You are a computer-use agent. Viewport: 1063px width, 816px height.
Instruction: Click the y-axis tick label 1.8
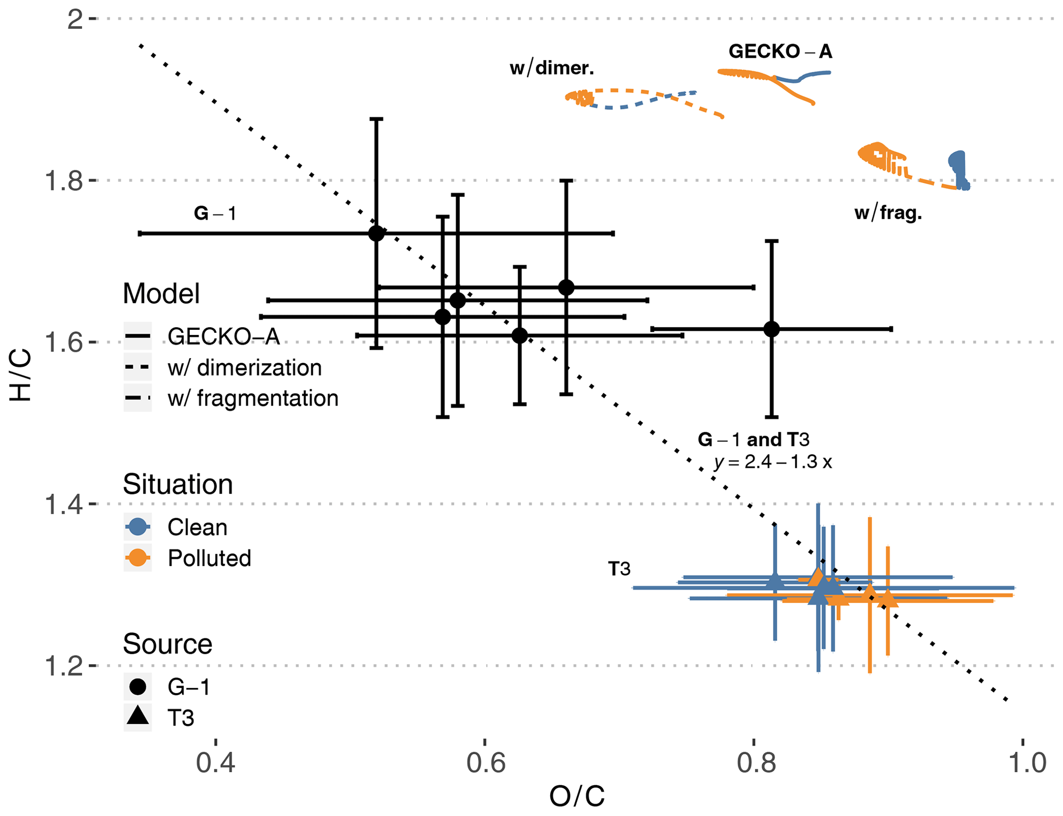click(x=64, y=181)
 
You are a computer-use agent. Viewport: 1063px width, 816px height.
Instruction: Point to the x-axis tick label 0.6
click(x=486, y=763)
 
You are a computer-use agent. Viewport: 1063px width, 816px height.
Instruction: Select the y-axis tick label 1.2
click(x=64, y=666)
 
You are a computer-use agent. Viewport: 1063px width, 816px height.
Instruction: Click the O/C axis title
click(x=576, y=797)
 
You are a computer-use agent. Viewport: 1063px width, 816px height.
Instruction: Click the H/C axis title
click(x=21, y=375)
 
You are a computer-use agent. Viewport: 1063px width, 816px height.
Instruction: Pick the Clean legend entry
click(x=197, y=527)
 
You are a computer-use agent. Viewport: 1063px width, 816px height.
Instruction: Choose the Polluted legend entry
click(x=209, y=558)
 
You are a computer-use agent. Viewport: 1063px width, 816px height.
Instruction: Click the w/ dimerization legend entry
click(x=244, y=368)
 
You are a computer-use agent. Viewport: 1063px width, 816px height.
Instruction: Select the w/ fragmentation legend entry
click(x=253, y=399)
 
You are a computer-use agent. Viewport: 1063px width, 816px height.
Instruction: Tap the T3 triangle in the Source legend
click(x=138, y=716)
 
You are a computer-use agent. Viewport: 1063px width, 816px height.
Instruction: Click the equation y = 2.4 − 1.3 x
click(x=772, y=462)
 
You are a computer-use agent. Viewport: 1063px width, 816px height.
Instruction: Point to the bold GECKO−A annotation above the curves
click(x=780, y=51)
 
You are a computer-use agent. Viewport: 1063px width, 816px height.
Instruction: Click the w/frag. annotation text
click(x=888, y=213)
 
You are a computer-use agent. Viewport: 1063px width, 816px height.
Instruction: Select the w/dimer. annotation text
click(x=552, y=68)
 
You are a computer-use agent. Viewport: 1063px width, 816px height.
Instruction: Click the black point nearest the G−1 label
click(x=376, y=233)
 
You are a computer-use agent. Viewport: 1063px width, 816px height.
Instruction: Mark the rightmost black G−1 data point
click(x=771, y=329)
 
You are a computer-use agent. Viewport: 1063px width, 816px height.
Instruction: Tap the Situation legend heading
click(x=177, y=485)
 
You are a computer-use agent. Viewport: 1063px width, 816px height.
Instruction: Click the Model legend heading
click(x=161, y=294)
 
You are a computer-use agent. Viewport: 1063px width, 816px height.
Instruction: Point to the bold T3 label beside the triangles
click(x=619, y=569)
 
